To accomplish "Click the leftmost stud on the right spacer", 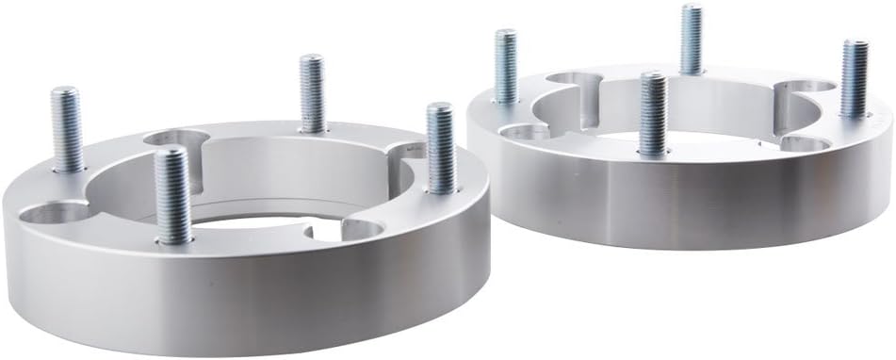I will [506, 66].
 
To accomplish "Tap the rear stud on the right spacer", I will [692, 40].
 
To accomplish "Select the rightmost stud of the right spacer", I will [855, 79].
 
